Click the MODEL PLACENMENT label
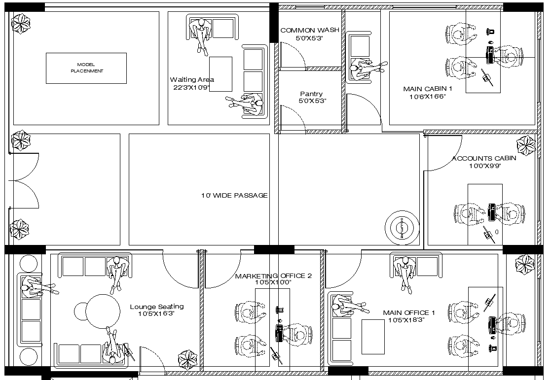86,68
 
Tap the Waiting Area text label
192,79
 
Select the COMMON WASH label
309,30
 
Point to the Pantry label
311,94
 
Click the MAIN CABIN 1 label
427,89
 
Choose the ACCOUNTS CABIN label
484,158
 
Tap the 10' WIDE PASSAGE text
234,196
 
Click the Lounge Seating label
156,307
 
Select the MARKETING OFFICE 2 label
273,276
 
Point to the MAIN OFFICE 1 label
409,312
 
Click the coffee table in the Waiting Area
220,74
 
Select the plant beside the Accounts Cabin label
525,146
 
